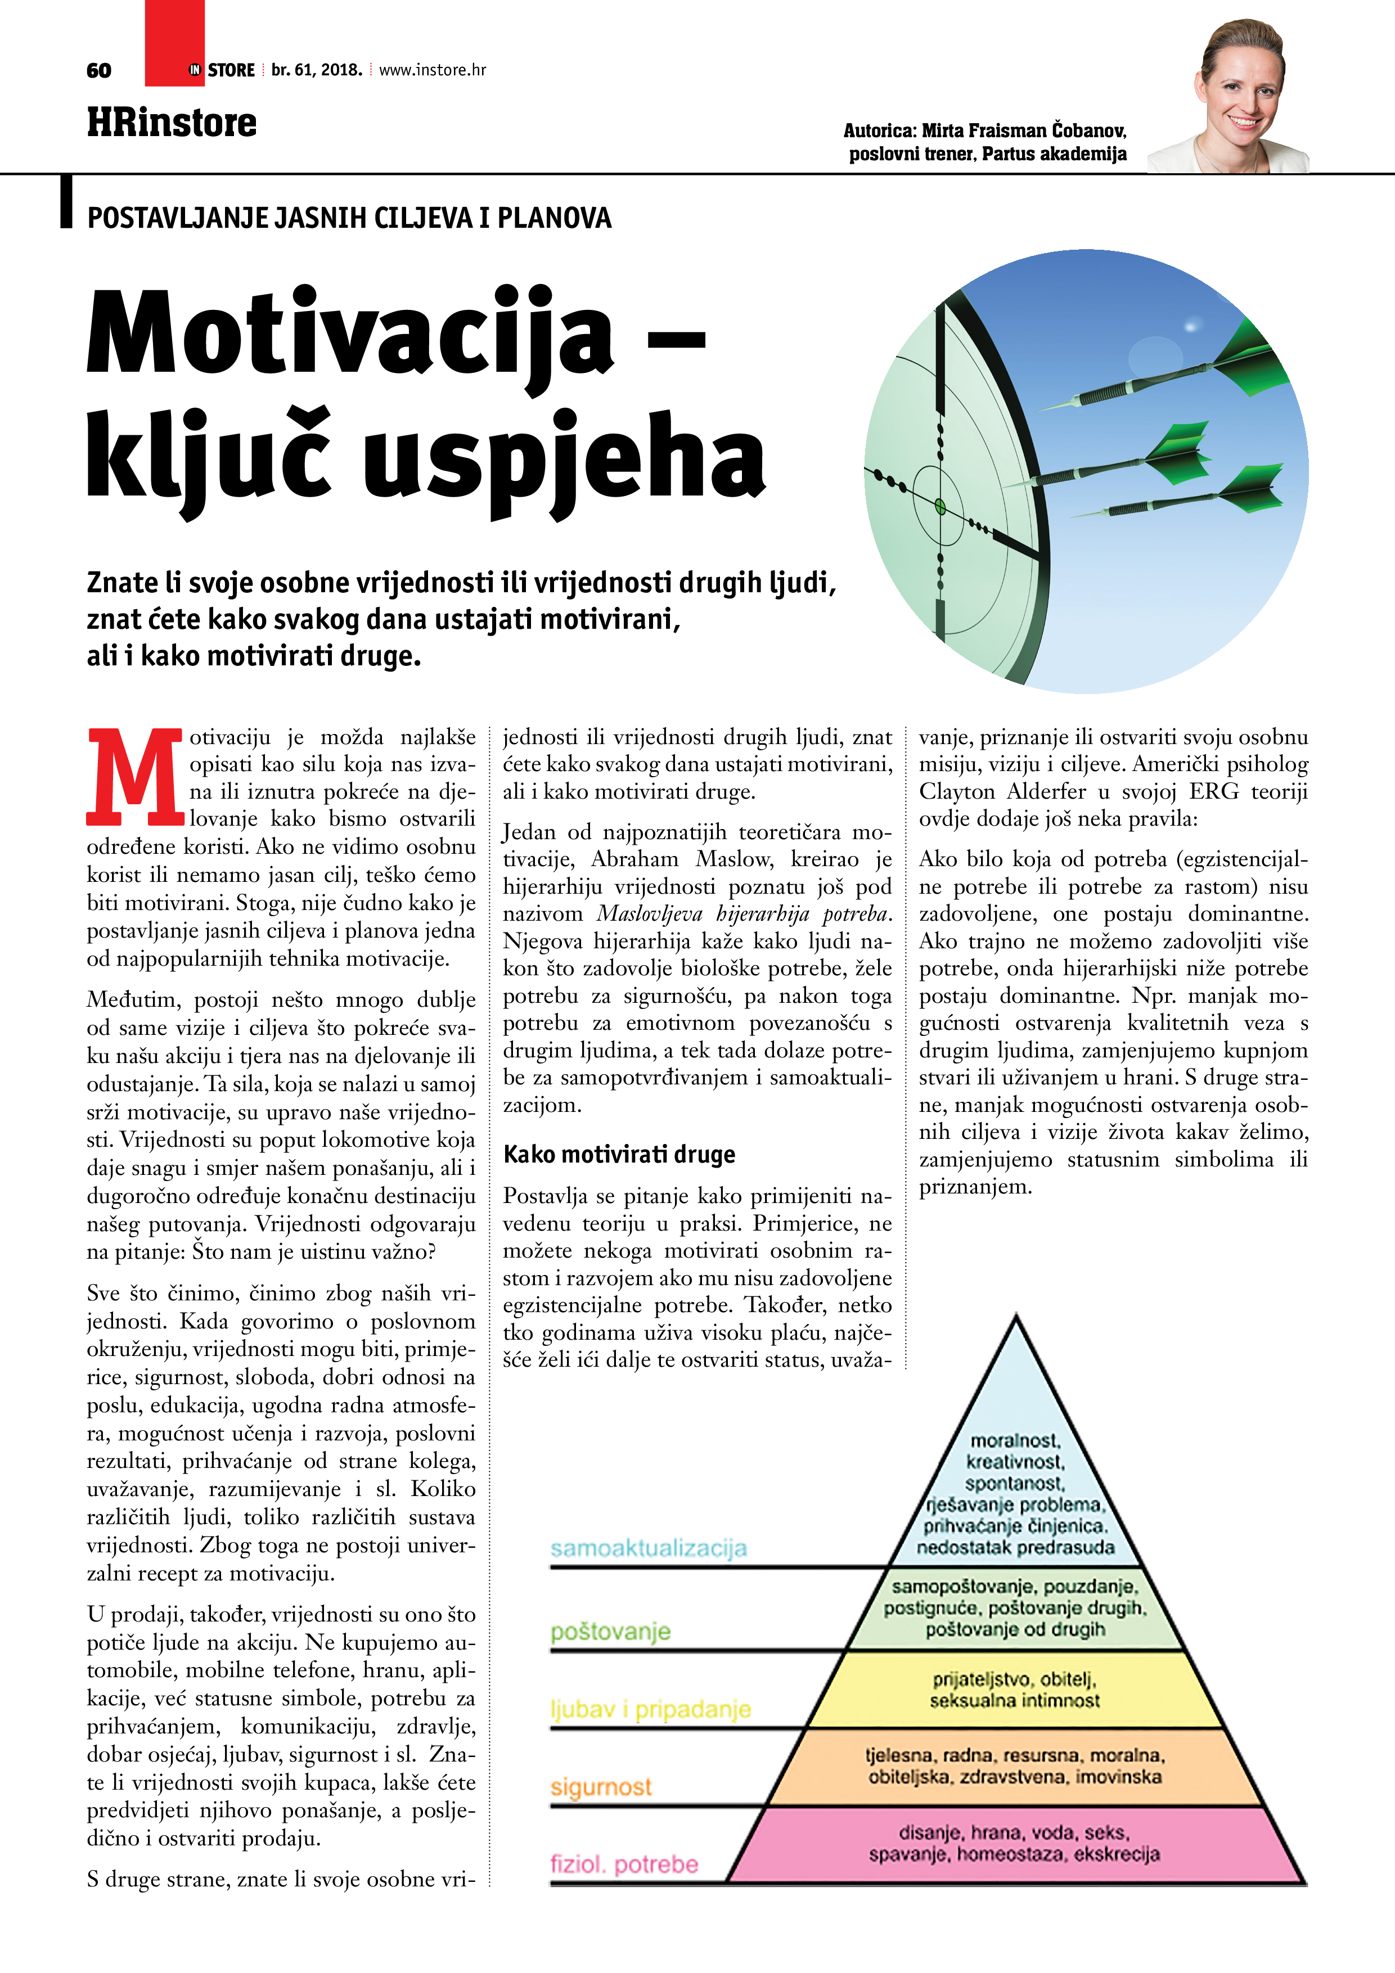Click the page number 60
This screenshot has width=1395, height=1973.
pyautogui.click(x=99, y=70)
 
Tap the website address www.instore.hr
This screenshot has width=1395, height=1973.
pyautogui.click(x=433, y=70)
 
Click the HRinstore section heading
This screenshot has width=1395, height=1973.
pyautogui.click(x=172, y=123)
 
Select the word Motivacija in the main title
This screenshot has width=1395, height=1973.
pyautogui.click(x=350, y=335)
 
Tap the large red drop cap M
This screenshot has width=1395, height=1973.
pyautogui.click(x=135, y=774)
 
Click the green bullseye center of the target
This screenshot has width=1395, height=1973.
pyautogui.click(x=939, y=506)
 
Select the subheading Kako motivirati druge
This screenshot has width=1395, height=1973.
pyautogui.click(x=619, y=1154)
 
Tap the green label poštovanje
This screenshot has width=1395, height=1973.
pyautogui.click(x=610, y=1631)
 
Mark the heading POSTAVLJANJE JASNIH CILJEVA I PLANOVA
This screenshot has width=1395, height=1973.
pyautogui.click(x=349, y=218)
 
